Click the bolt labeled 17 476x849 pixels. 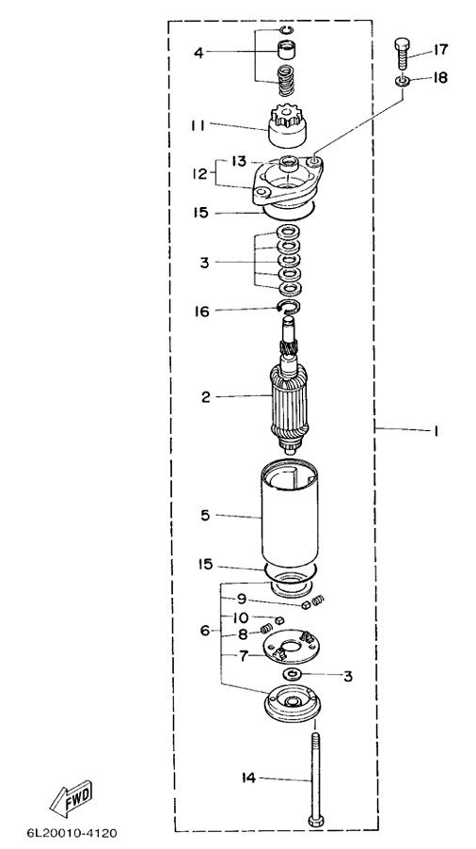pos(402,53)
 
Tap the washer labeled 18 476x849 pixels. pos(402,81)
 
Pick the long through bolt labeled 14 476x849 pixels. pos(313,778)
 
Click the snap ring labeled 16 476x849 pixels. pos(289,308)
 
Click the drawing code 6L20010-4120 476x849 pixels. pos(71,832)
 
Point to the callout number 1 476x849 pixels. pos(435,431)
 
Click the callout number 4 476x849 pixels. pos(199,53)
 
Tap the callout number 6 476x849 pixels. pos(205,631)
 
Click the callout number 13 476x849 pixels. pos(238,161)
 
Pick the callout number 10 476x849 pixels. pos(241,617)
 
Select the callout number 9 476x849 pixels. pos(241,599)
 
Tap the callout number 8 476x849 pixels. pos(242,634)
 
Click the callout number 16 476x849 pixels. pos(201,312)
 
